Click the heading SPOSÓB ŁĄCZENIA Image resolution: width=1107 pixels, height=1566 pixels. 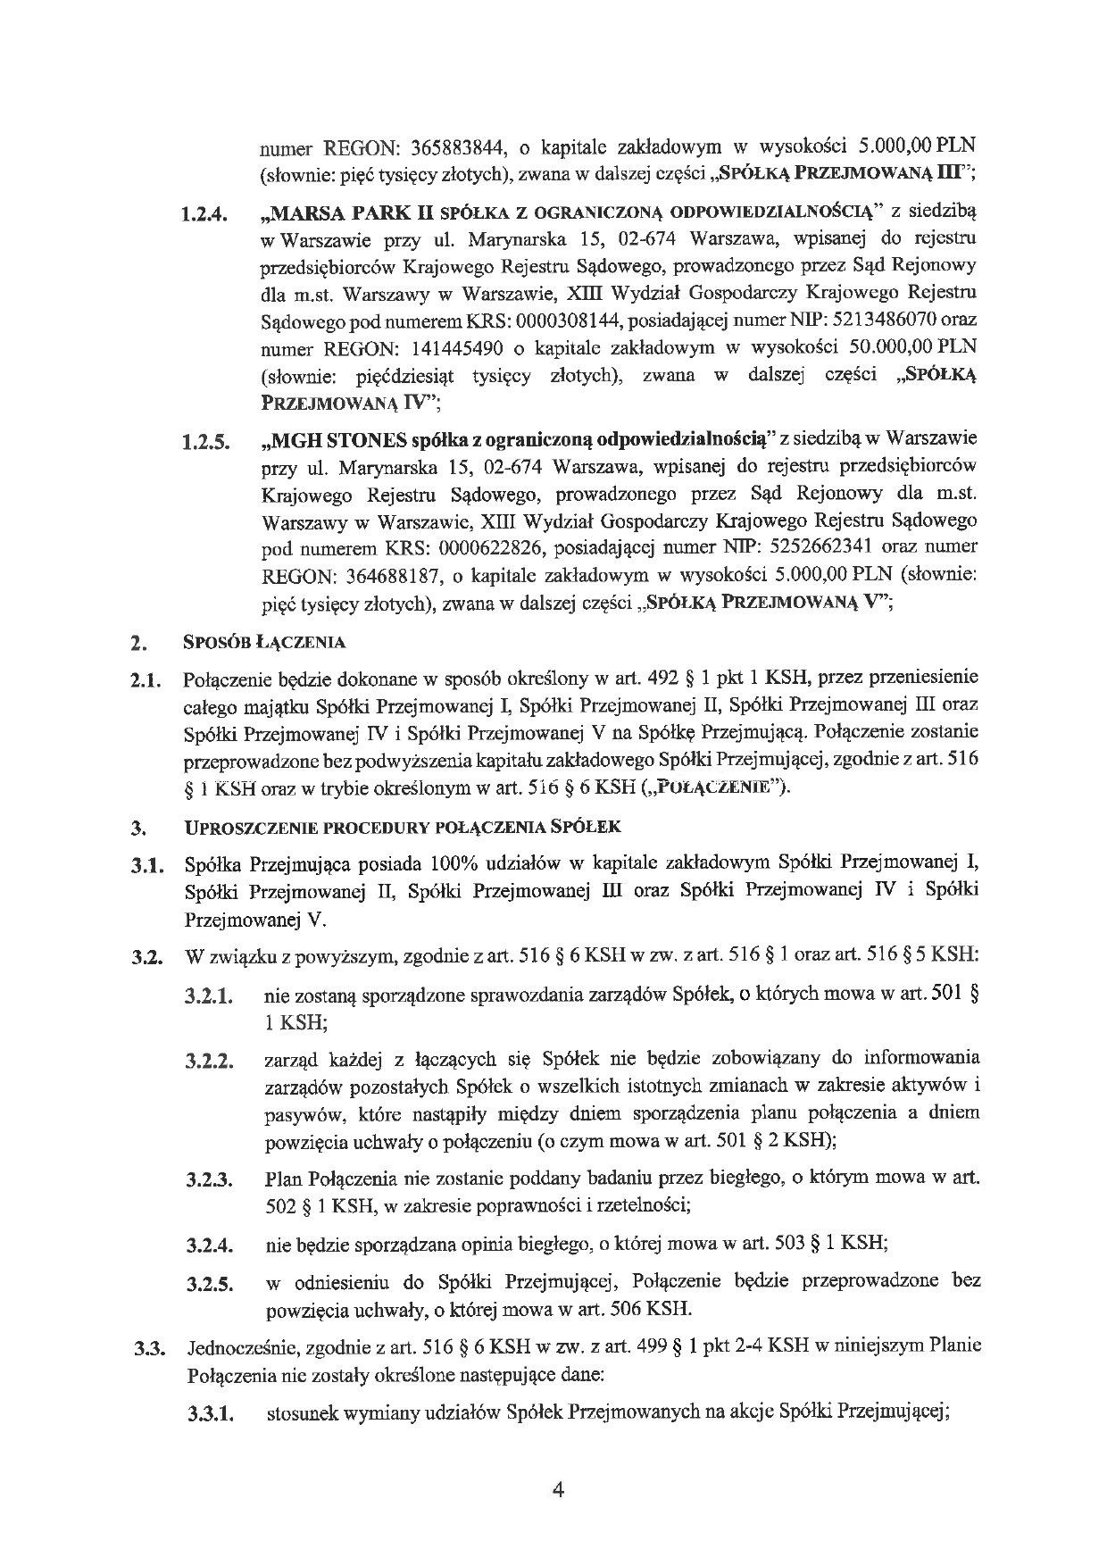click(x=263, y=642)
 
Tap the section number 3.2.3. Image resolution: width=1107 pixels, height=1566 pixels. click(x=210, y=1181)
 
